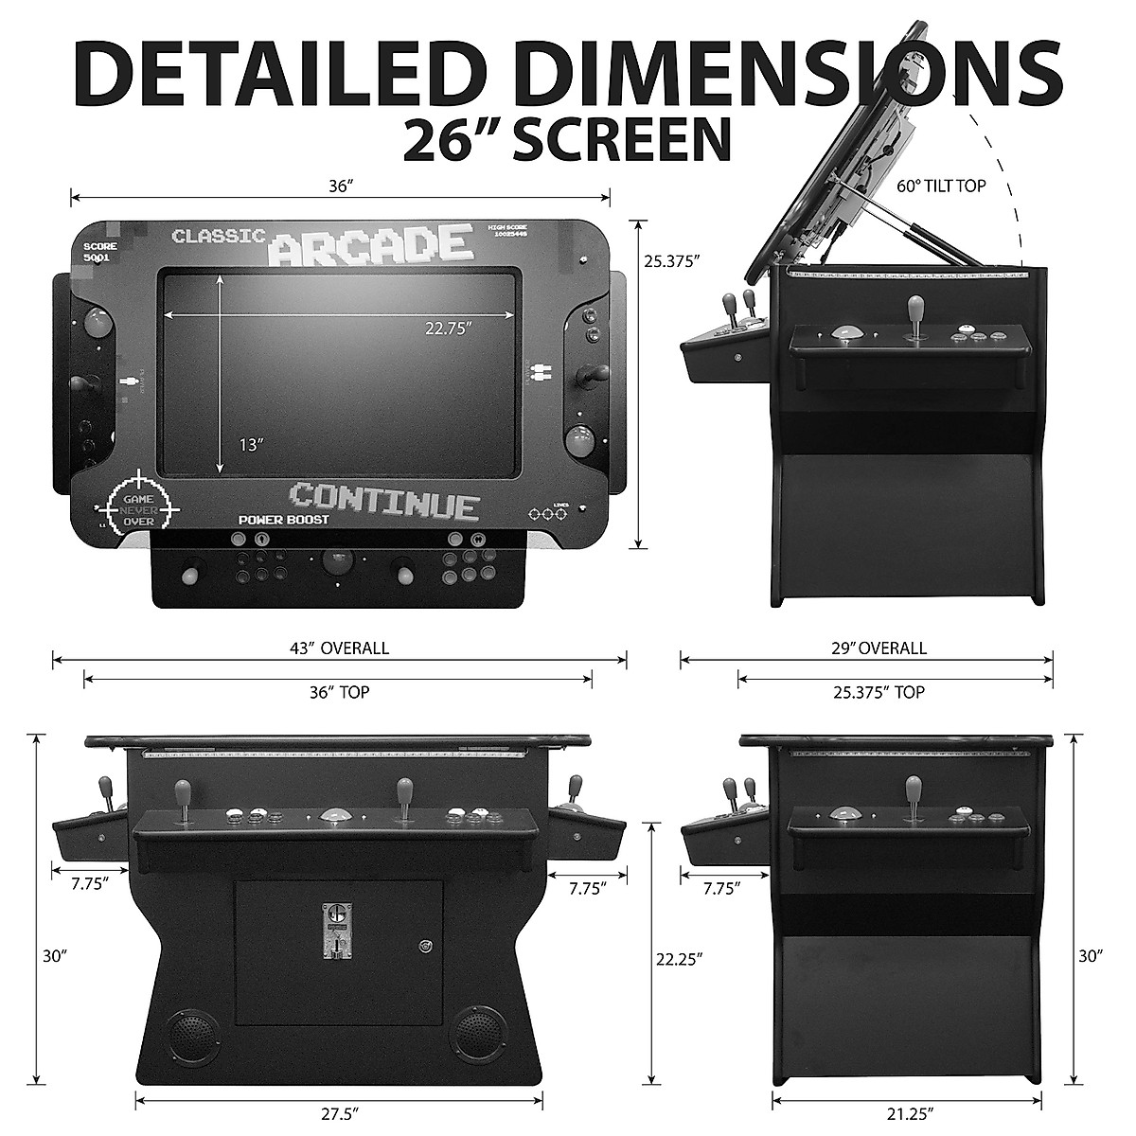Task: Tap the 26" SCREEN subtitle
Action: pos(567,138)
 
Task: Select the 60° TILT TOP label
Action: pos(941,186)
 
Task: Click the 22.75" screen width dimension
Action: pos(448,328)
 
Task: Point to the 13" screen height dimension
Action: pos(249,444)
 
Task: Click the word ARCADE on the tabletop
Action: pos(370,243)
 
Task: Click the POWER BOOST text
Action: pos(283,520)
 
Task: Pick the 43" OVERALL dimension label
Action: pos(339,648)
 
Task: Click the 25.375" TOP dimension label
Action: pos(879,692)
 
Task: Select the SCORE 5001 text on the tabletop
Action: pos(99,251)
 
